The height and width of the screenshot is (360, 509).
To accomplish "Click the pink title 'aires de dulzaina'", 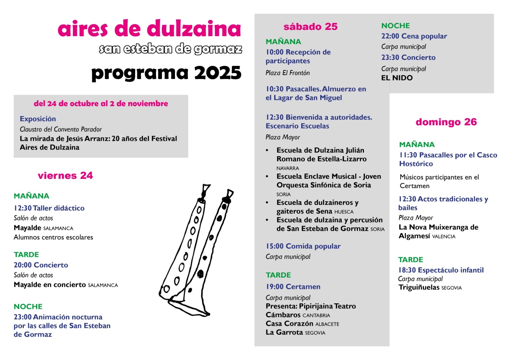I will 149,29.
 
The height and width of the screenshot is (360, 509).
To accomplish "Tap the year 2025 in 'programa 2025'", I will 218,73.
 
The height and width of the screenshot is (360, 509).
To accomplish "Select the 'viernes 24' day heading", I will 65,175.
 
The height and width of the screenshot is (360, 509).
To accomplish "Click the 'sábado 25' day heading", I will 310,27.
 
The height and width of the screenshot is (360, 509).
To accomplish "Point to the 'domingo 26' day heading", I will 446,122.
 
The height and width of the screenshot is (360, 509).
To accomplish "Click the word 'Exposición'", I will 38,119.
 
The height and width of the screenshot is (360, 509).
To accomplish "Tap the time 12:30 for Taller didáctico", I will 23,208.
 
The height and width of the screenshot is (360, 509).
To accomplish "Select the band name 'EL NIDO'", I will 397,78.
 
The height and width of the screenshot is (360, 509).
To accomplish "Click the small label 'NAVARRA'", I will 288,168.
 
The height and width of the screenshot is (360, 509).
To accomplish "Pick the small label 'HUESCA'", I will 344,212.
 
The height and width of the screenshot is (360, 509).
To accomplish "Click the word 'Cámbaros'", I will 283,315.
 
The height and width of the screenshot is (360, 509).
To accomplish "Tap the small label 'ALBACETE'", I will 327,324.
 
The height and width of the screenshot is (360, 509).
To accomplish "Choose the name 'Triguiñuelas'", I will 419,287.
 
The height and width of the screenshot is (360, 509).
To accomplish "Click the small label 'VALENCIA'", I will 444,236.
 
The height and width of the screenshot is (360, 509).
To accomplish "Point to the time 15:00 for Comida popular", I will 275,246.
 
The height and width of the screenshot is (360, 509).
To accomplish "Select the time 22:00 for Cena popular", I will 390,36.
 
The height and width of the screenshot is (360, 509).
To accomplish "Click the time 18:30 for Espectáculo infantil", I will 407,270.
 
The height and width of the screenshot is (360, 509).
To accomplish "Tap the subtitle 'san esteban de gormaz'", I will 170,49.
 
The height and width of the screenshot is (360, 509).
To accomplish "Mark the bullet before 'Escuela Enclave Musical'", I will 267,176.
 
